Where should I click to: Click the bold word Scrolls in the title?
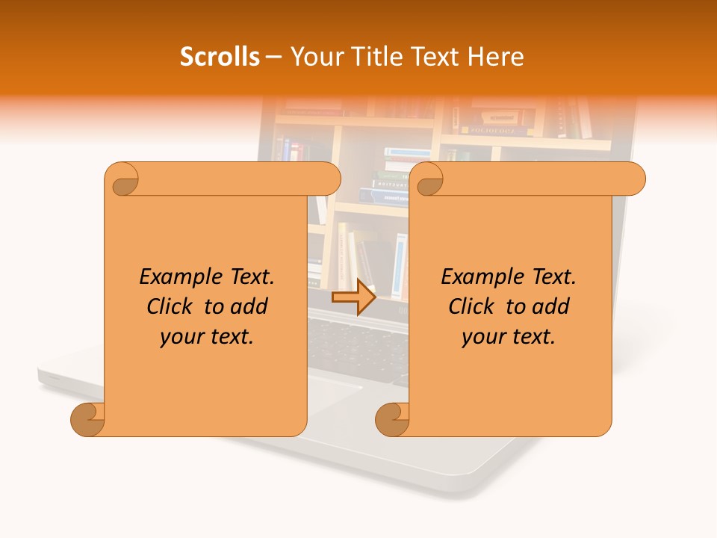220,57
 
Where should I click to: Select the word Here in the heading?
494,57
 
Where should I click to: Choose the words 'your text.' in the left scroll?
207,337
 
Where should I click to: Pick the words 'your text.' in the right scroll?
509,337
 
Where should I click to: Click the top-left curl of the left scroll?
122,179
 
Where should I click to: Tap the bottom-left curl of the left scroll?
88,419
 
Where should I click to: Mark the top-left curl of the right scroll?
427,179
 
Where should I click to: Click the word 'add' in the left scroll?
249,306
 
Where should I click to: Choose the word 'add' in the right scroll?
550,306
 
